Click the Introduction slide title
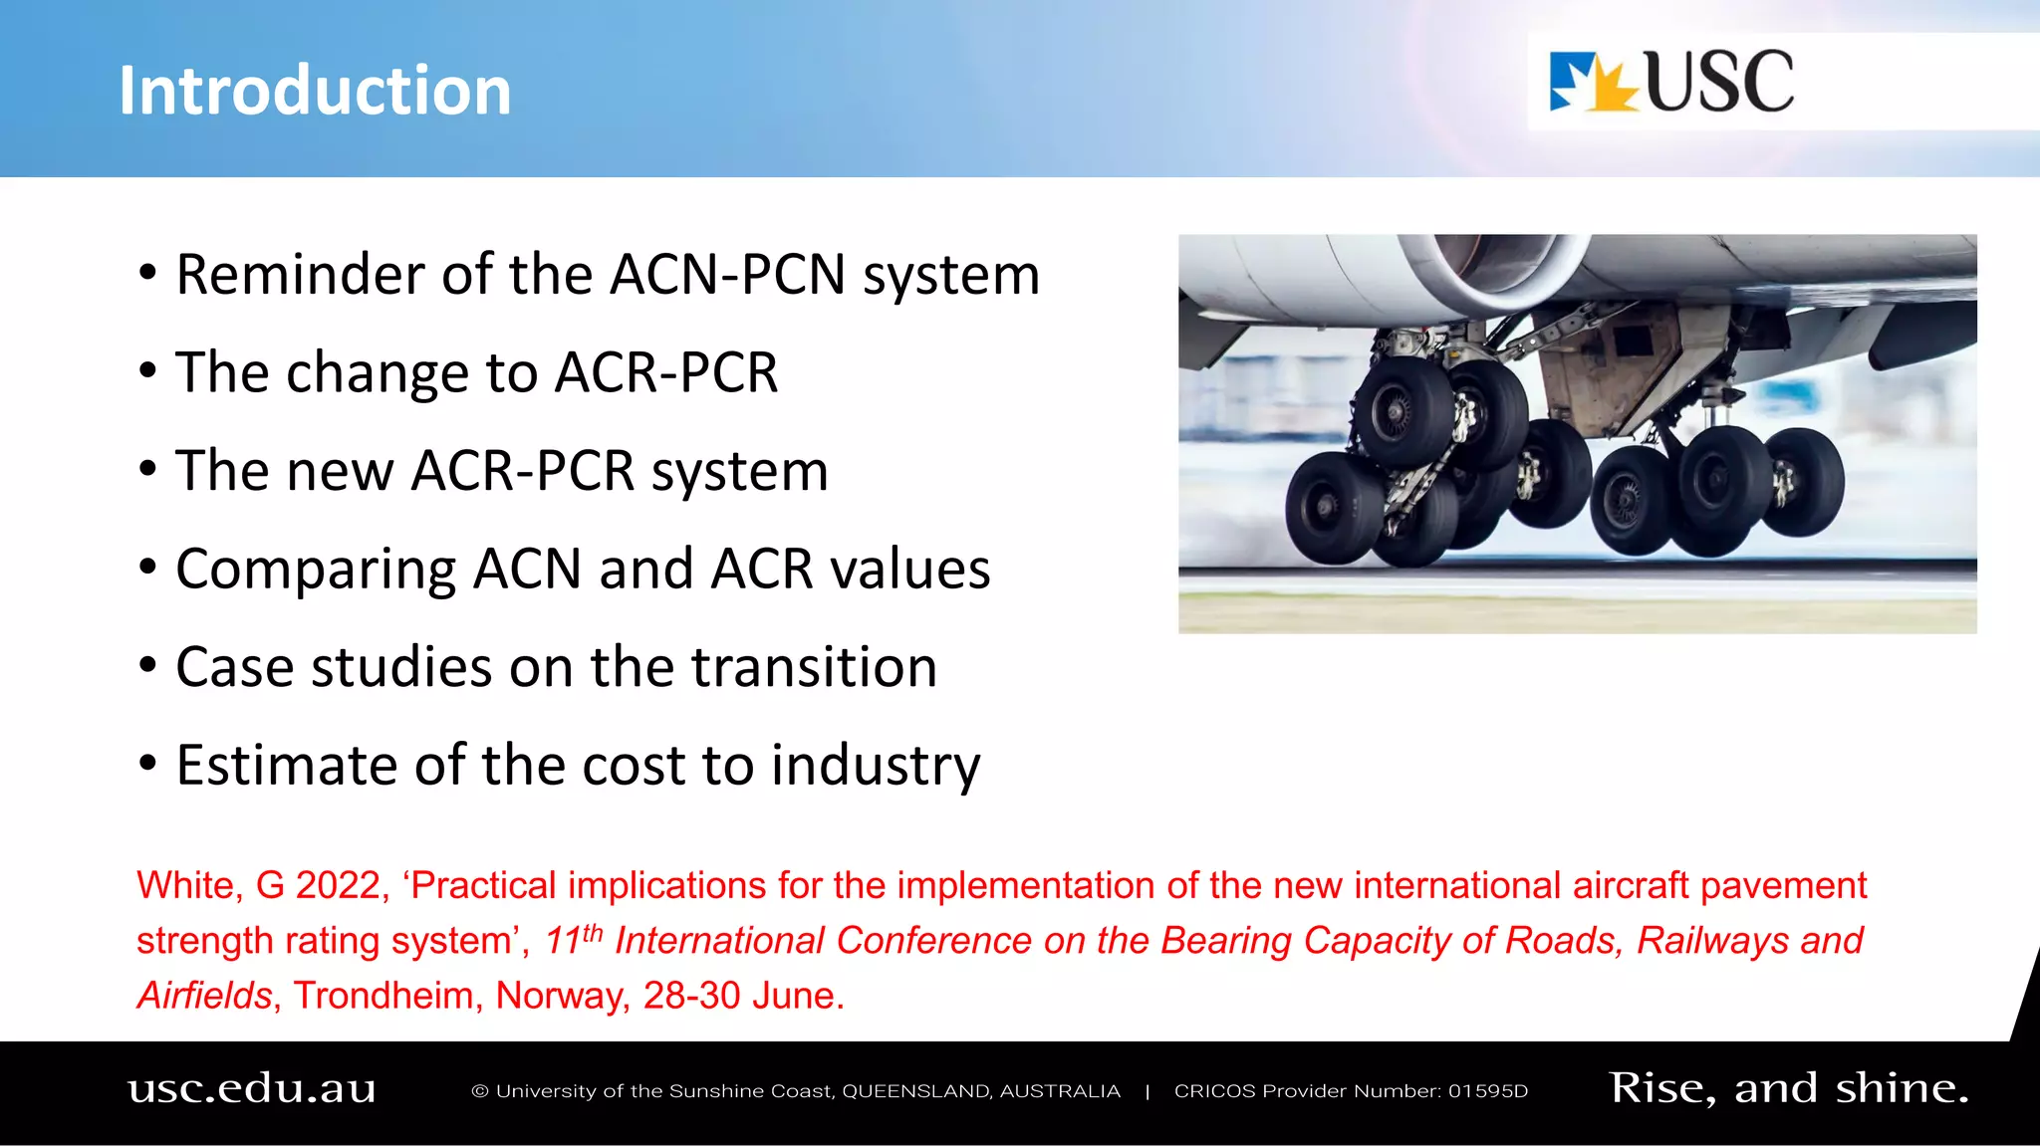[x=315, y=91]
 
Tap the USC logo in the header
[x=1671, y=82]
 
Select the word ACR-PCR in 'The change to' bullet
[x=665, y=373]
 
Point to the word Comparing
[x=315, y=570]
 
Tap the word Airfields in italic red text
[x=204, y=995]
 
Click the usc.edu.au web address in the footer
[x=252, y=1088]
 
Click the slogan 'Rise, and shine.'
[x=1789, y=1088]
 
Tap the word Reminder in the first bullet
[x=300, y=275]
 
